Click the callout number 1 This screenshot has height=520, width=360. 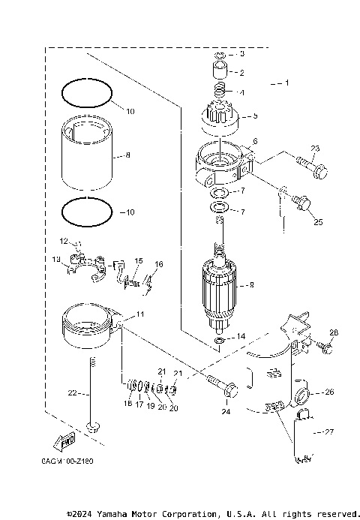286,81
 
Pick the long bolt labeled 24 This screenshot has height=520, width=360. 223,389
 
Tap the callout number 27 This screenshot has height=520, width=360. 329,431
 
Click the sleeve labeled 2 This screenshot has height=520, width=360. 219,73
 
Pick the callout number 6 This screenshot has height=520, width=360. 255,141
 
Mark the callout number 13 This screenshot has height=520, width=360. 56,259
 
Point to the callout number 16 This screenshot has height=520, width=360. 158,264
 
